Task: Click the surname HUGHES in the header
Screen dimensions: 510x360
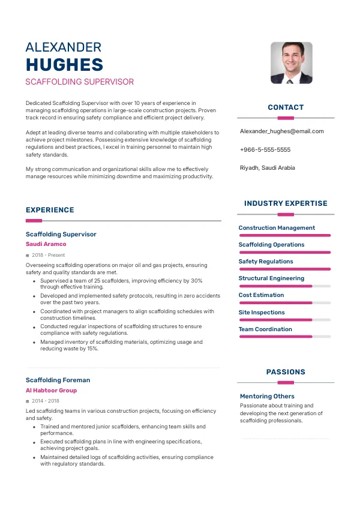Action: pyautogui.click(x=64, y=65)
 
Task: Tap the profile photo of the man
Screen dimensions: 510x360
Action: pyautogui.click(x=291, y=62)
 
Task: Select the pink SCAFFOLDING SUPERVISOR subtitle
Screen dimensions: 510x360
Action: pyautogui.click(x=80, y=82)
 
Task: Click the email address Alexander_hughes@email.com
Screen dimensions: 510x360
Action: pyautogui.click(x=281, y=131)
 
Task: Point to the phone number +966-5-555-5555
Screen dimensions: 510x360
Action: pyautogui.click(x=265, y=149)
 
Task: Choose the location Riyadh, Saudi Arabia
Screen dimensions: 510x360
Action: pyautogui.click(x=267, y=168)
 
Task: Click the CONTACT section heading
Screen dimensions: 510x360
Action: pyautogui.click(x=286, y=107)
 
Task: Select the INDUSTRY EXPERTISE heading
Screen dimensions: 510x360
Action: pyautogui.click(x=286, y=203)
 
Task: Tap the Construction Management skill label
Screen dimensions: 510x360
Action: pyautogui.click(x=277, y=228)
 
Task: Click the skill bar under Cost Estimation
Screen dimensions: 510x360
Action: pyautogui.click(x=284, y=303)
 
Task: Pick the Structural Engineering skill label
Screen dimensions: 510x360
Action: pyautogui.click(x=271, y=278)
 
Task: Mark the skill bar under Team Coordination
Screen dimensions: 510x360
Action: pyautogui.click(x=284, y=337)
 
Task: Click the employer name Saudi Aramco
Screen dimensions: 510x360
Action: pyautogui.click(x=46, y=244)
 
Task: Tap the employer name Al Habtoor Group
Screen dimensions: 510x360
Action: pyautogui.click(x=51, y=391)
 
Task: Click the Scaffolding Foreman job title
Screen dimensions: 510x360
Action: pyautogui.click(x=58, y=380)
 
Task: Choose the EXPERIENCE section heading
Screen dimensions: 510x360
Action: pyautogui.click(x=50, y=210)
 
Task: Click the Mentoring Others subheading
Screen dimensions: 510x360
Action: pyautogui.click(x=267, y=396)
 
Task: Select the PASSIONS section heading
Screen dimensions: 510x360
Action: pyautogui.click(x=286, y=372)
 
